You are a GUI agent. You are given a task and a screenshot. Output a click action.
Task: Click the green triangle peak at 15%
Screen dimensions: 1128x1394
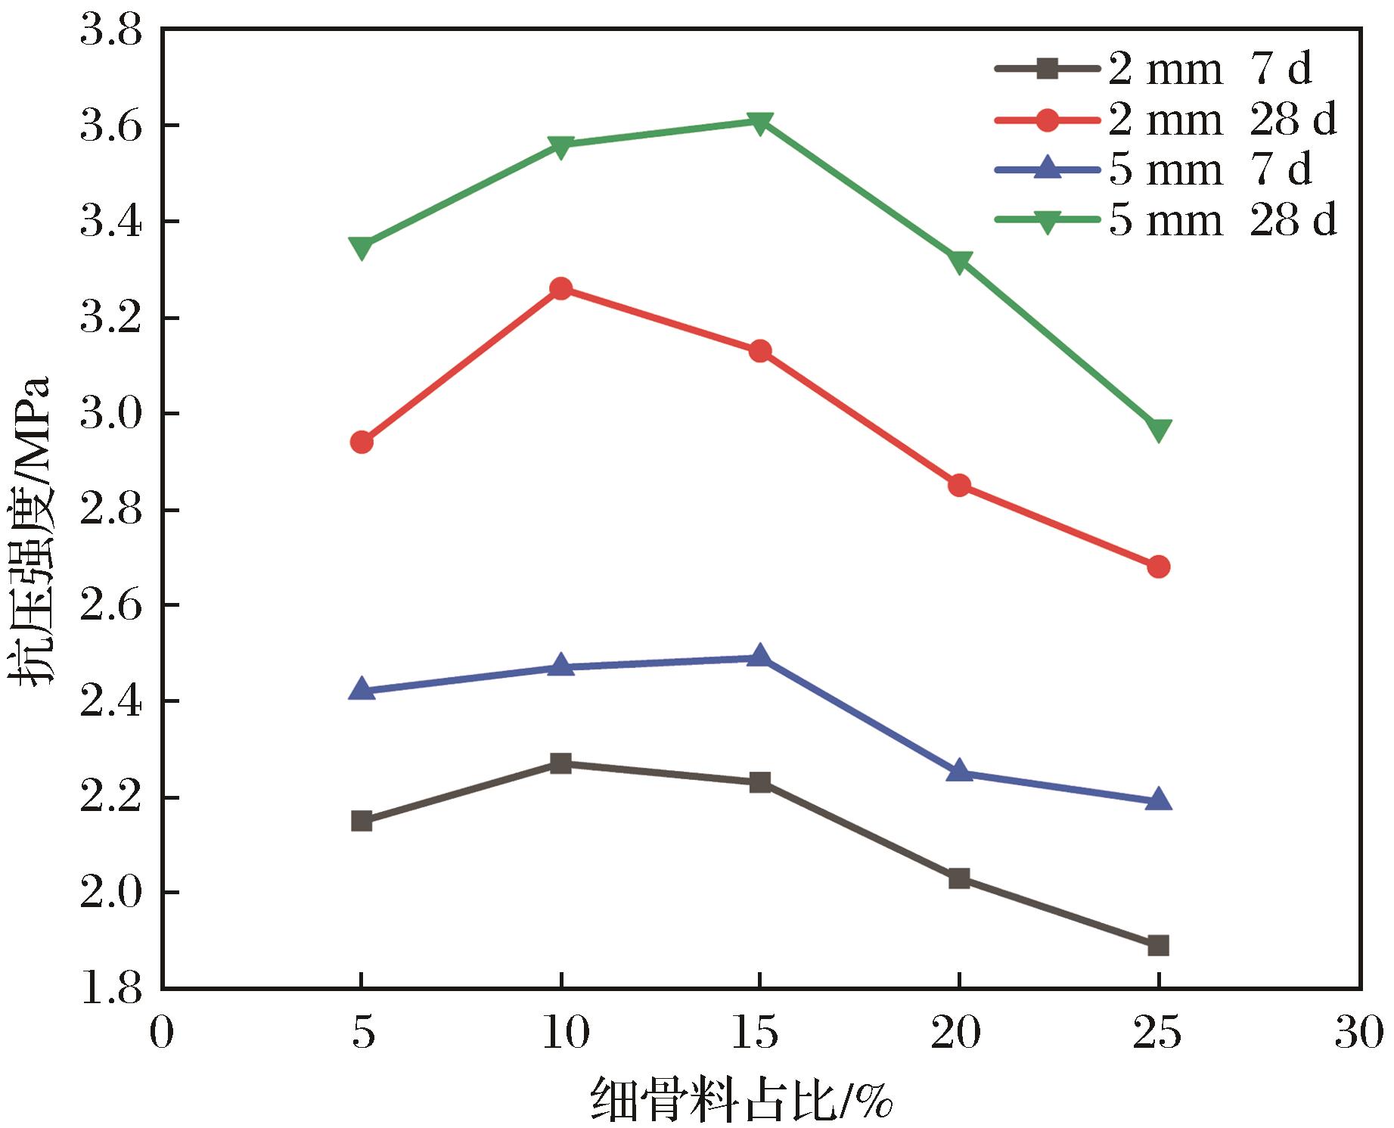[760, 122]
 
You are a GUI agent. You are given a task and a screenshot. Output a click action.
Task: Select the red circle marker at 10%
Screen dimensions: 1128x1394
[560, 288]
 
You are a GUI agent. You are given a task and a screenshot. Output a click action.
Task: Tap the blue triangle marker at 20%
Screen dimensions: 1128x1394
[959, 772]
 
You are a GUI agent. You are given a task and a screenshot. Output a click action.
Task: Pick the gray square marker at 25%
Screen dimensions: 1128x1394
[1158, 945]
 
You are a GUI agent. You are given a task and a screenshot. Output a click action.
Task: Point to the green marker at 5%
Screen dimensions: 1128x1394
[362, 247]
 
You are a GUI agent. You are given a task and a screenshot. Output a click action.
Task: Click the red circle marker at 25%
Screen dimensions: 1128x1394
[1158, 567]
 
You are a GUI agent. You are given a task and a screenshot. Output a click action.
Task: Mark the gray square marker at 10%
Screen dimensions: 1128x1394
[560, 763]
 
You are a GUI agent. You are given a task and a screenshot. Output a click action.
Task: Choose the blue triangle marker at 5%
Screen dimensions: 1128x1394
[362, 690]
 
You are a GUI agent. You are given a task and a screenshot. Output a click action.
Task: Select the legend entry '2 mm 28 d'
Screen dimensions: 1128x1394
[1166, 120]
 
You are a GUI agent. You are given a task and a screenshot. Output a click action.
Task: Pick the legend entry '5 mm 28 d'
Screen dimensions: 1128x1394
[1166, 220]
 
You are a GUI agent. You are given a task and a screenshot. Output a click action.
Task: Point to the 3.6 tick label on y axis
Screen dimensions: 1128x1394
[111, 126]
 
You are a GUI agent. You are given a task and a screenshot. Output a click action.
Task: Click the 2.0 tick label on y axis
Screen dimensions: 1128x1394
[111, 893]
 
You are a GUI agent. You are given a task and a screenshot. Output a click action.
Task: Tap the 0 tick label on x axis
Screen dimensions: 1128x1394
[161, 1033]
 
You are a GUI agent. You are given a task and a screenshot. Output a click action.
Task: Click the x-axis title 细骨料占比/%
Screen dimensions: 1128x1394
[741, 1099]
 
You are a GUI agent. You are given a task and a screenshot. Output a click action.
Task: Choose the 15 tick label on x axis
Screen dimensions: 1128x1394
[759, 1033]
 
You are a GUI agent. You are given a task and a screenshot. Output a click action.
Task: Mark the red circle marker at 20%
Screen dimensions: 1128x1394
[959, 485]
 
